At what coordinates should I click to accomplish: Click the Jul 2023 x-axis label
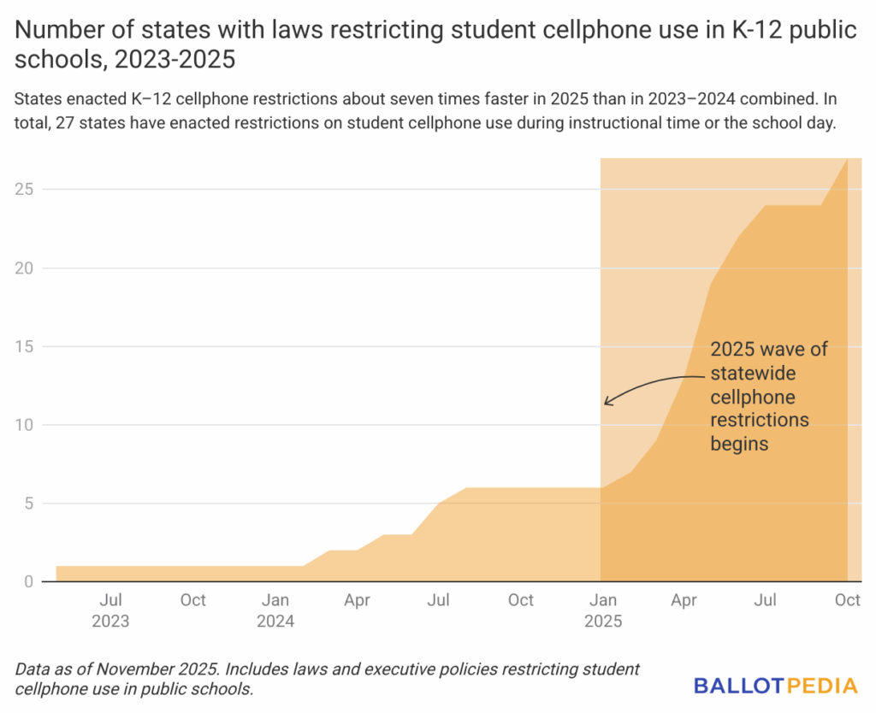tap(110, 610)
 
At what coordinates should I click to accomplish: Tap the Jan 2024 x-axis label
tap(275, 610)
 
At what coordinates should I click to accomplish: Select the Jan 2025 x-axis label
tap(603, 610)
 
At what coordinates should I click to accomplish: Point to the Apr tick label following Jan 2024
tap(357, 600)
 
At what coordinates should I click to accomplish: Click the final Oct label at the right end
tap(847, 600)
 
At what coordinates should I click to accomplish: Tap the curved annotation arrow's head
tap(607, 401)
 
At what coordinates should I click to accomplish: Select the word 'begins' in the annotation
tap(739, 444)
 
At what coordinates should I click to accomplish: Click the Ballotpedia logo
tap(775, 685)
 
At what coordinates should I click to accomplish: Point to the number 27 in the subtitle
tap(66, 123)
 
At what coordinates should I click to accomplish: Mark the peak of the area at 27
tap(847, 159)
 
